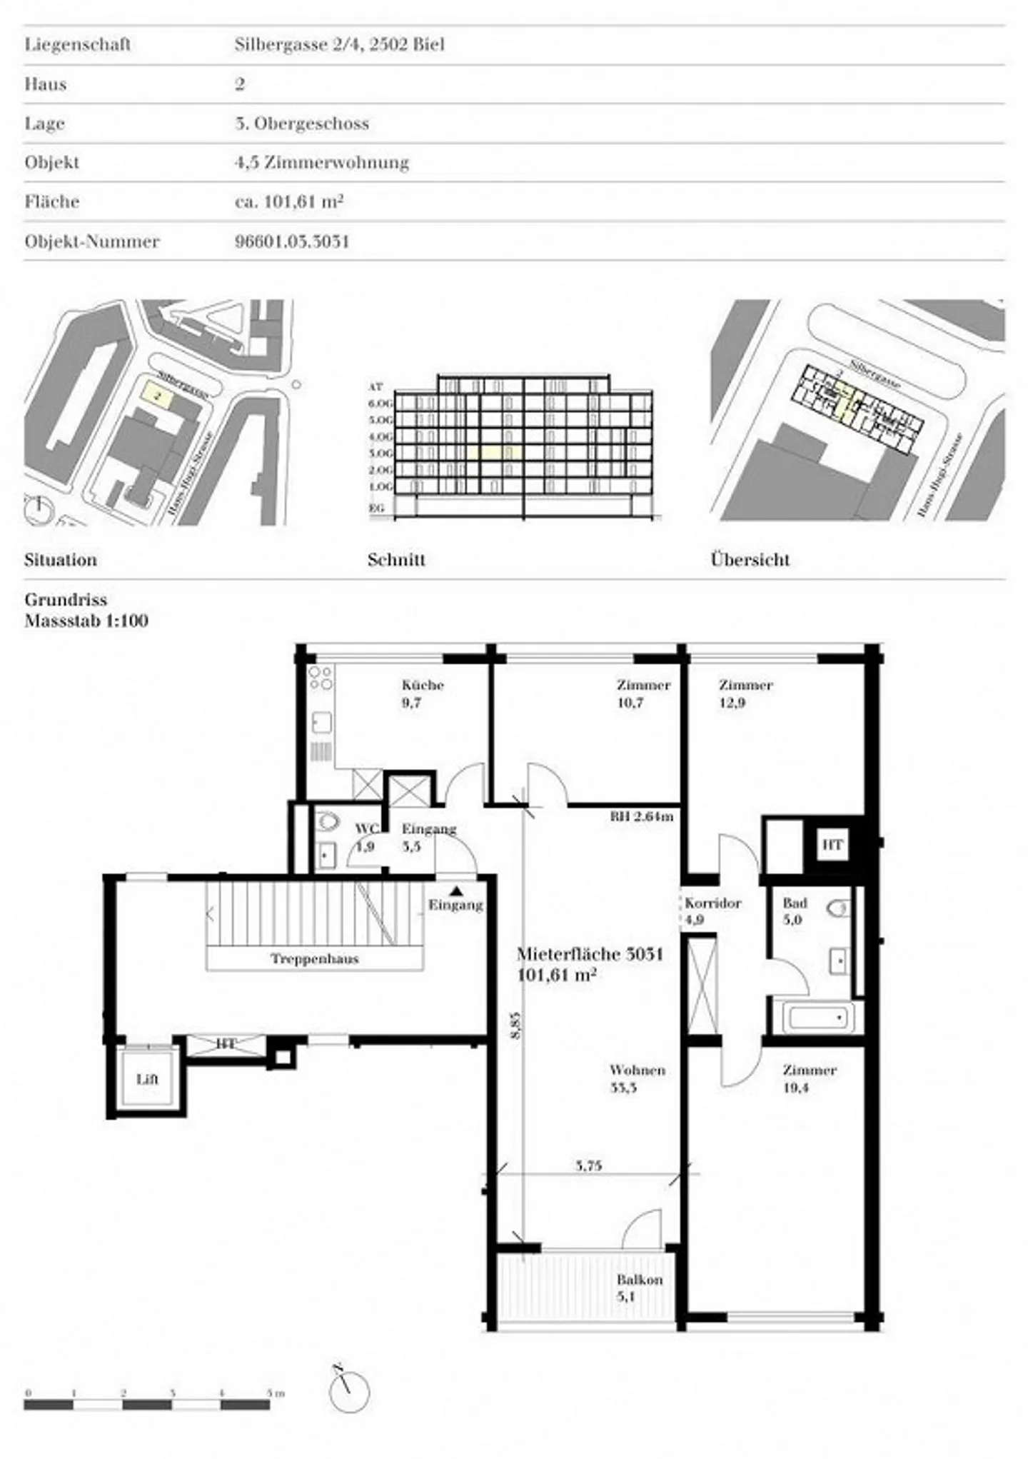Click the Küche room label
click(423, 686)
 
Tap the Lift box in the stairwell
click(147, 1079)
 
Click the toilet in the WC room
click(327, 822)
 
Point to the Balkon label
click(640, 1280)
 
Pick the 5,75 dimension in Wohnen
click(589, 1166)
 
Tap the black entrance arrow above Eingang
click(455, 891)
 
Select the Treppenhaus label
click(314, 959)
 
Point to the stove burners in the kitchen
click(321, 677)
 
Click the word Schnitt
click(396, 560)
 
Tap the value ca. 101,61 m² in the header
click(289, 202)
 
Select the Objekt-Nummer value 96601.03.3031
click(292, 241)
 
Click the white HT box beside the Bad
click(832, 846)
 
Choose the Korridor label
click(712, 903)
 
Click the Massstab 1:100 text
click(86, 621)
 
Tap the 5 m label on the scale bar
click(275, 1393)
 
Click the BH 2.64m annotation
click(641, 816)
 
